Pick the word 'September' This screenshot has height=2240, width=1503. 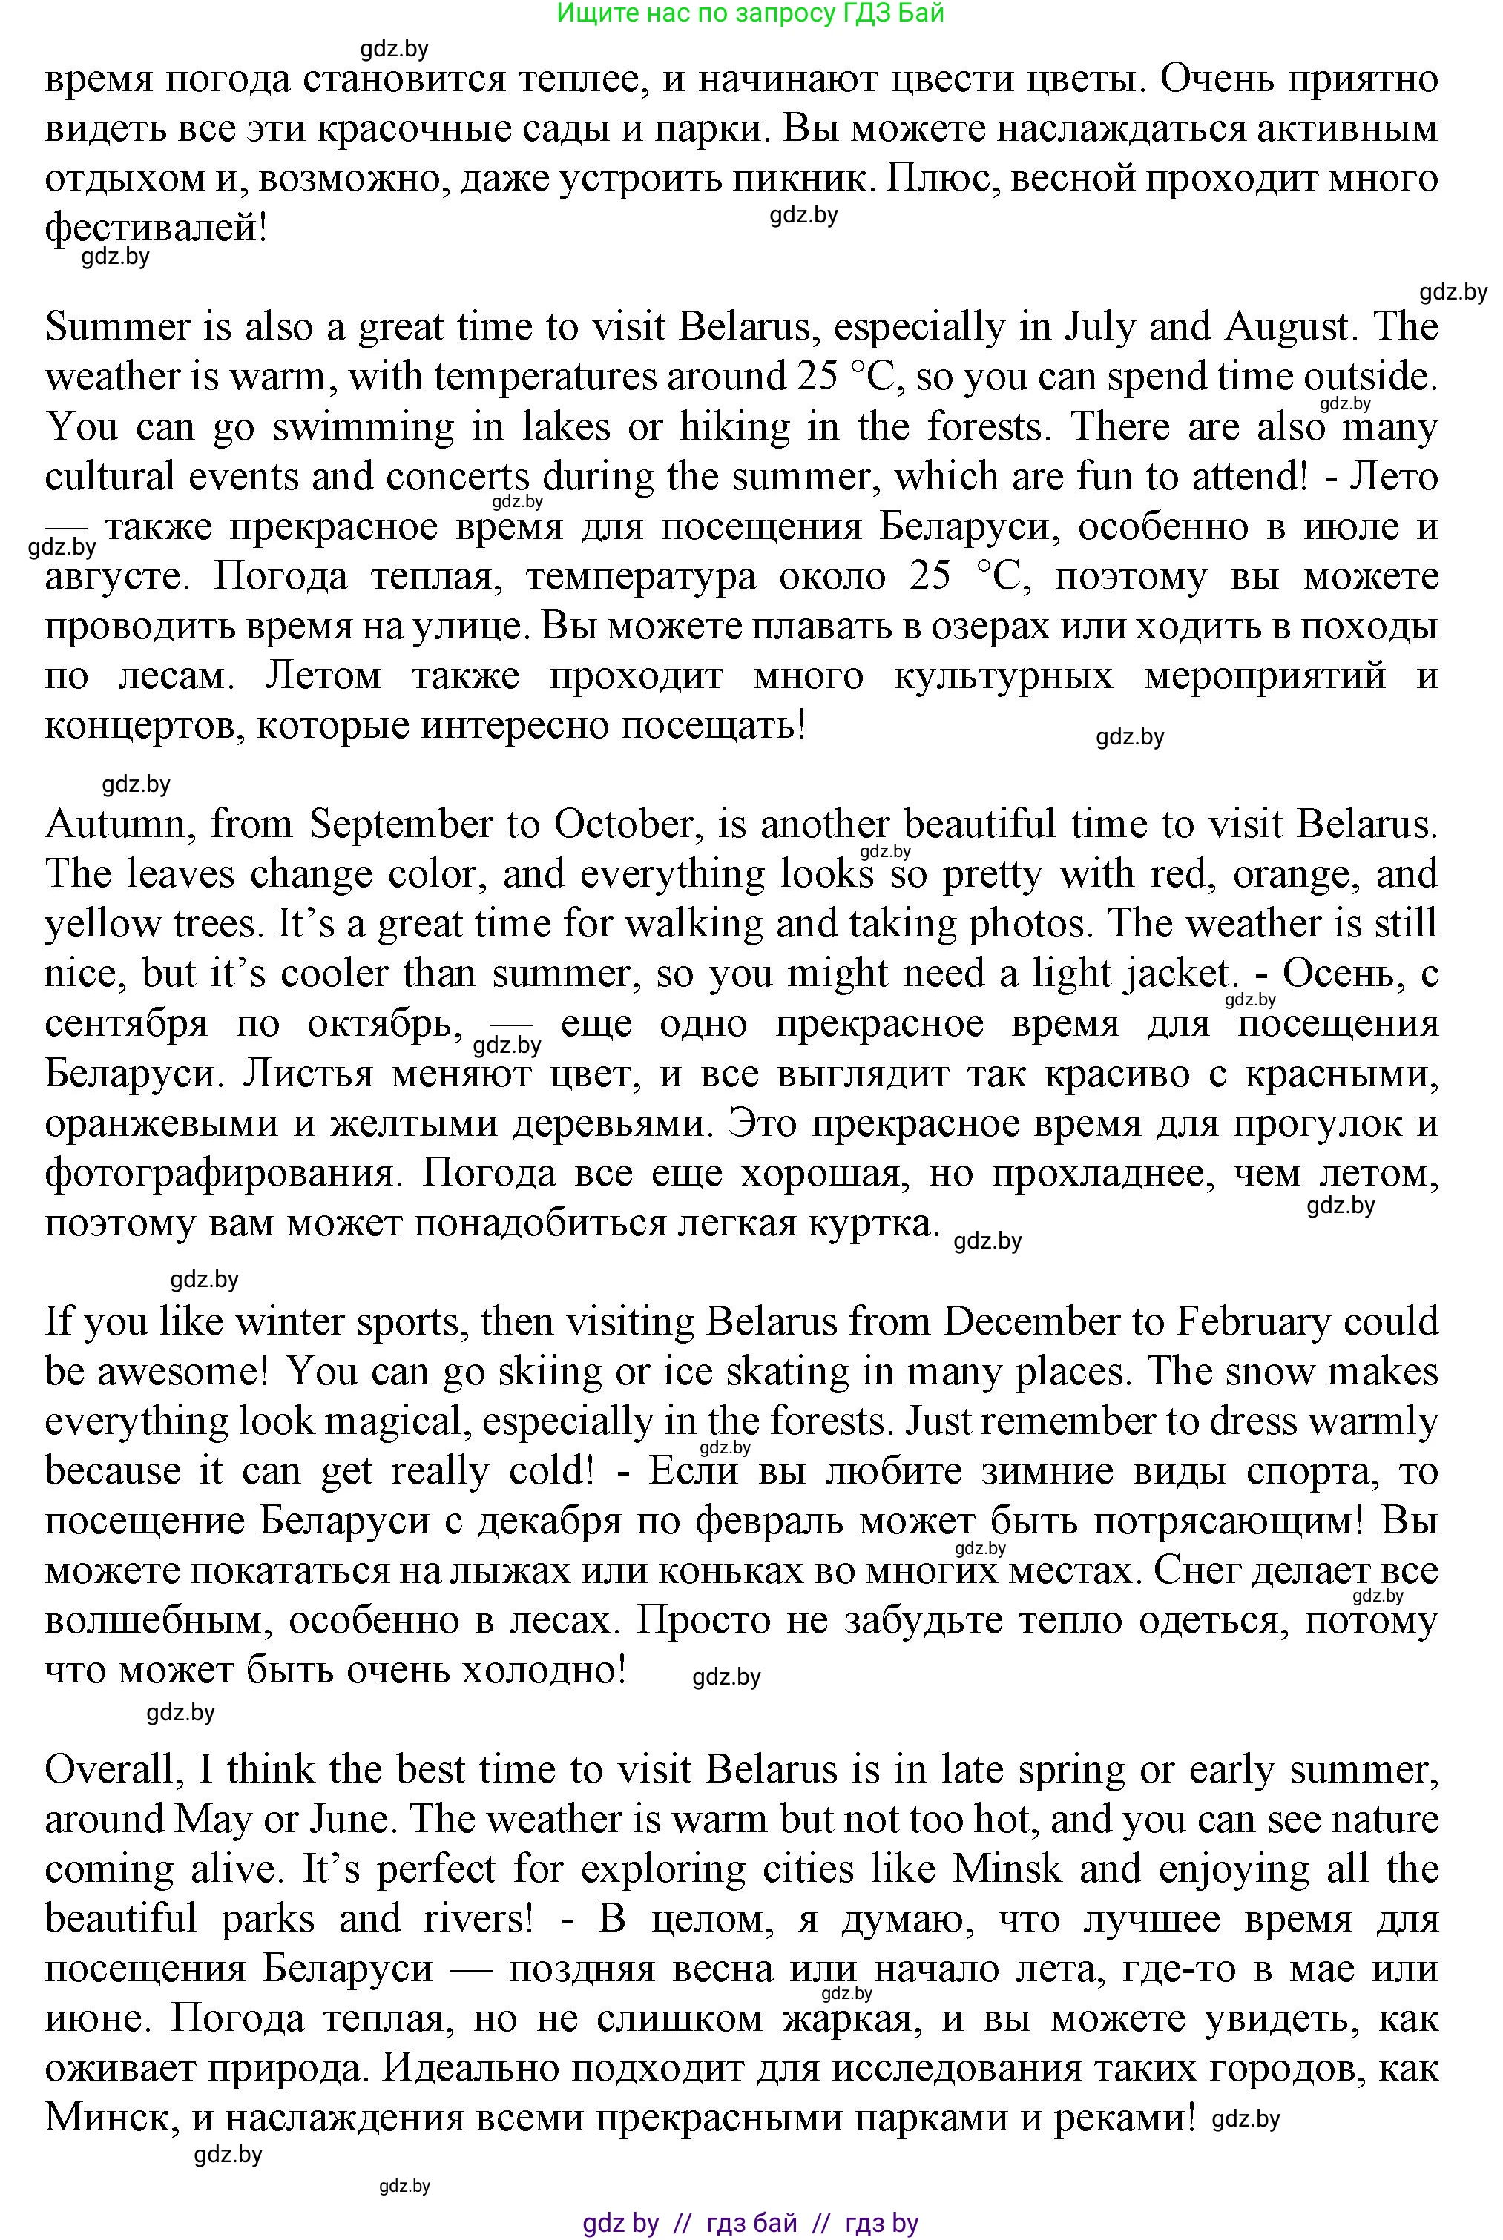point(410,824)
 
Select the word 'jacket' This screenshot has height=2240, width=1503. point(1175,974)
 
